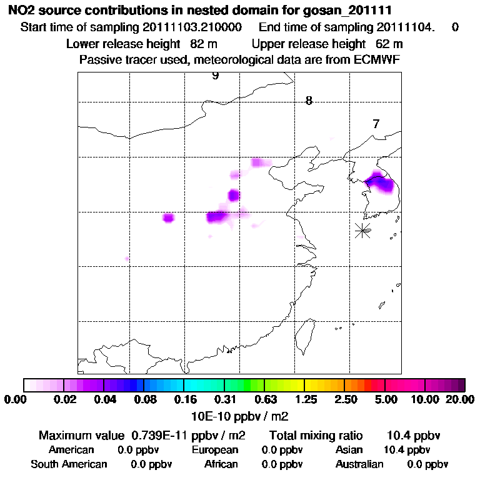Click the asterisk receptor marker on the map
tap(362, 230)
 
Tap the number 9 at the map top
tap(216, 76)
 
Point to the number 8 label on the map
tap(309, 101)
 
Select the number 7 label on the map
tap(376, 124)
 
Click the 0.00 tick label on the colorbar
tap(16, 399)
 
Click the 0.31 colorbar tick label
tap(224, 399)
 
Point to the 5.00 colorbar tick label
tap(386, 399)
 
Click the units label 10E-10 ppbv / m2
tap(239, 415)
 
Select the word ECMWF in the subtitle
tap(377, 59)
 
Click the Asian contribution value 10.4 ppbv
tap(407, 450)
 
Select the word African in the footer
tap(221, 464)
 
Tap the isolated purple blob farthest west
tap(168, 217)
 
